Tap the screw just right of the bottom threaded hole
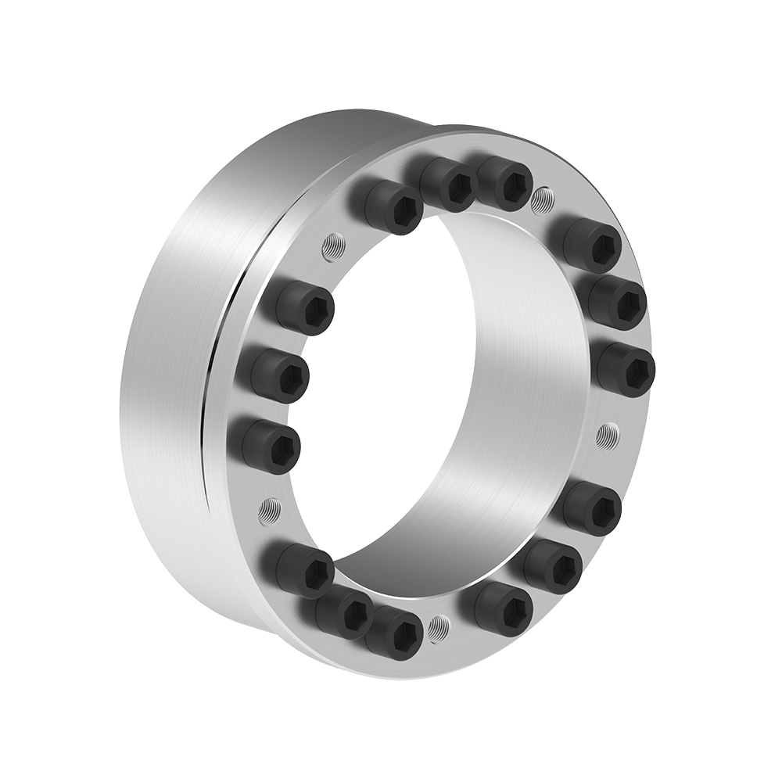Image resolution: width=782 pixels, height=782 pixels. (501, 605)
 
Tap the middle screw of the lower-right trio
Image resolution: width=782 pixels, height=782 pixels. (554, 562)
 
